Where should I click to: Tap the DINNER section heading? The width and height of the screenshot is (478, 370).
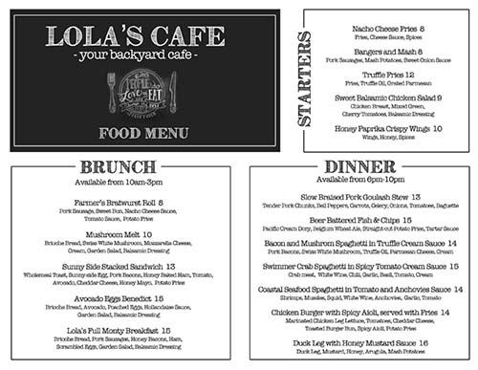pos(360,166)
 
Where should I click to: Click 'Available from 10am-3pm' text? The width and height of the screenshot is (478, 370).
pos(118,182)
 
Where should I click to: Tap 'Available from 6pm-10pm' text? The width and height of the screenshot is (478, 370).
pos(360,180)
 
